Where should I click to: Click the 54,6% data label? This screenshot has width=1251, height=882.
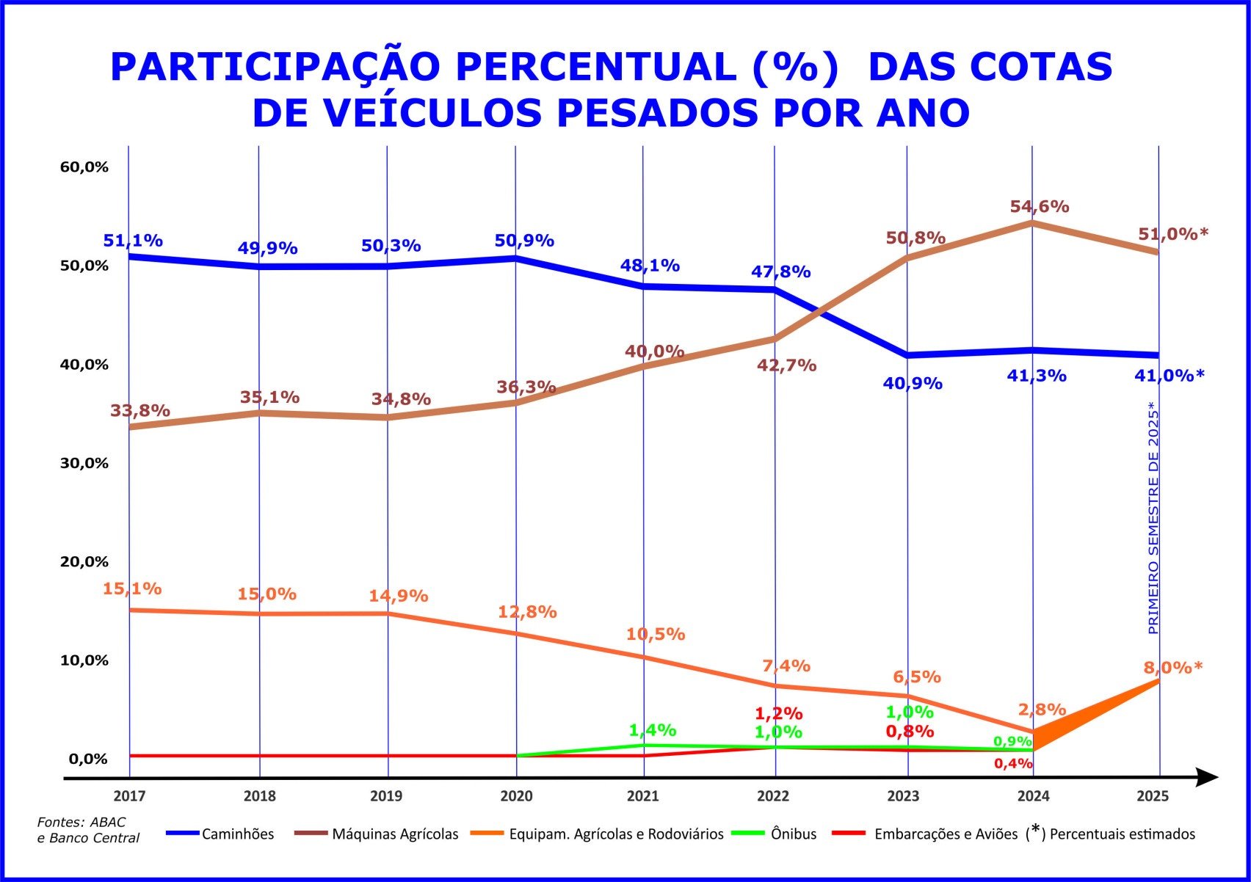click(1039, 207)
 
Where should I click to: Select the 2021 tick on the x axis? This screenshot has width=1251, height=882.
click(643, 796)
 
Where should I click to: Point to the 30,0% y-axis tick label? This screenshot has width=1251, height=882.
click(84, 463)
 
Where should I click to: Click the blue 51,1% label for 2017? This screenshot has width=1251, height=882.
click(133, 241)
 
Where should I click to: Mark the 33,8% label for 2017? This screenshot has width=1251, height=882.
click(140, 411)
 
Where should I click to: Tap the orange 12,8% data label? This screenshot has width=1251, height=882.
click(527, 612)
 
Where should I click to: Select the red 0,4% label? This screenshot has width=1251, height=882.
click(1013, 763)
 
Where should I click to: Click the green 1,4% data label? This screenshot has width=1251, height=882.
click(653, 730)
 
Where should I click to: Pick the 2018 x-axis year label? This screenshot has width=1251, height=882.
click(259, 796)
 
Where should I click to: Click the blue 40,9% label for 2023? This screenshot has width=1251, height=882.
click(913, 383)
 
